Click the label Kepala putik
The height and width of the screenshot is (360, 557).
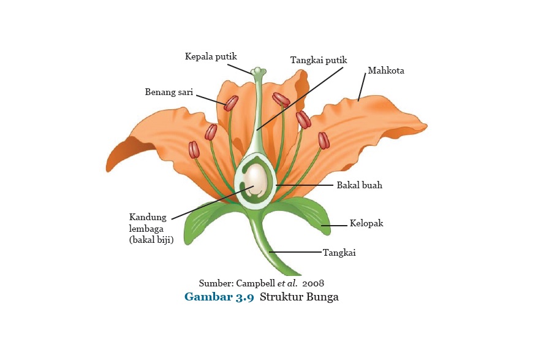pos(211,57)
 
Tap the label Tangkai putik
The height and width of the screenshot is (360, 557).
pos(319,60)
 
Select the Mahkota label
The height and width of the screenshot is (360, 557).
pos(386,71)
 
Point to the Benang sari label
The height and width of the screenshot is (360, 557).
pos(169,93)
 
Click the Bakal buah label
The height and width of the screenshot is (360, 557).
pos(359,185)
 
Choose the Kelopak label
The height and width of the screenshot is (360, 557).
pos(366,223)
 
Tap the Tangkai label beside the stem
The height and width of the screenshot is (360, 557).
pos(339,252)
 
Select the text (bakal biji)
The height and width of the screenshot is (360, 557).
pos(151,240)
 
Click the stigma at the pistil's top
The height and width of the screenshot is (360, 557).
pos(258,71)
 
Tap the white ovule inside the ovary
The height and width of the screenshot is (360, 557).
pos(256,182)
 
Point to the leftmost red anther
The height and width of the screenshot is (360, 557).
pos(194,150)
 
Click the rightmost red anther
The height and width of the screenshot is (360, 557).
pos(324,140)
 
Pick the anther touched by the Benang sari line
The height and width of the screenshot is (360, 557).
pos(231,103)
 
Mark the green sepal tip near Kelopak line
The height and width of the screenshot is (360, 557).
pos(325,228)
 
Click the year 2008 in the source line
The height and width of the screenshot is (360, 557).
pos(313,283)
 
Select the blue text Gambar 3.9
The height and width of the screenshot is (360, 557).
pos(219,297)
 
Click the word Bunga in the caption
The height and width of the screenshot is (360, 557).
pos(323,297)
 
